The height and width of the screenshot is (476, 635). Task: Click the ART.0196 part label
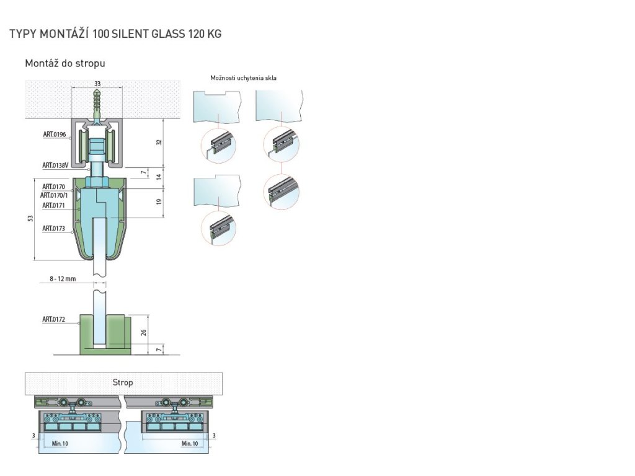55,134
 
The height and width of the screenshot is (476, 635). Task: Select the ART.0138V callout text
55,165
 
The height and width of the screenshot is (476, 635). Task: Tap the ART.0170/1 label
54,195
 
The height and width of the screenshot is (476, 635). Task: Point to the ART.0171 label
53,205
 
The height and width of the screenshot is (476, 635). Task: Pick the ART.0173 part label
53,228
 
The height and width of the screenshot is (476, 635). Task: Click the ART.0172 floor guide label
53,319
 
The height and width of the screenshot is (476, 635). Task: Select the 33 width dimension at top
97,84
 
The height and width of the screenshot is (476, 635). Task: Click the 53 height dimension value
30,218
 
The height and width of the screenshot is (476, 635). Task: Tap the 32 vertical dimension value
159,142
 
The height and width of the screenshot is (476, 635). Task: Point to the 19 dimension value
159,201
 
